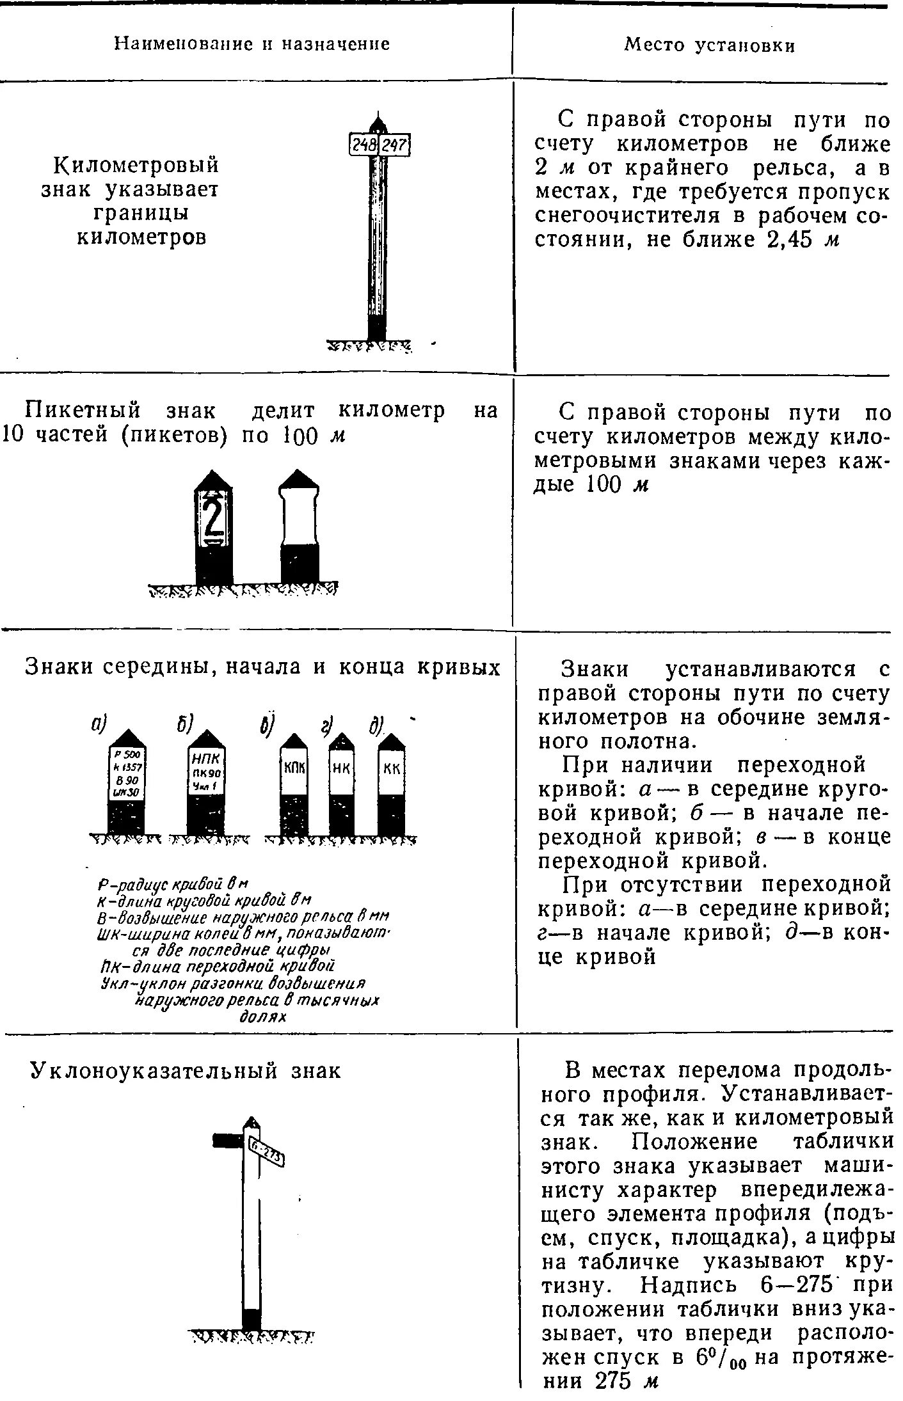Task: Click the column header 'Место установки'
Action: point(709,45)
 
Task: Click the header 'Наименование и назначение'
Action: point(252,44)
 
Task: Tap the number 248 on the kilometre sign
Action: point(364,145)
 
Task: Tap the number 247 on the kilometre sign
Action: point(394,145)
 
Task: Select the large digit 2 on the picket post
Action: point(213,518)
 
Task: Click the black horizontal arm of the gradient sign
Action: point(227,1140)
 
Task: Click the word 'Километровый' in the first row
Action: point(136,165)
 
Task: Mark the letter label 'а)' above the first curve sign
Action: point(99,724)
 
